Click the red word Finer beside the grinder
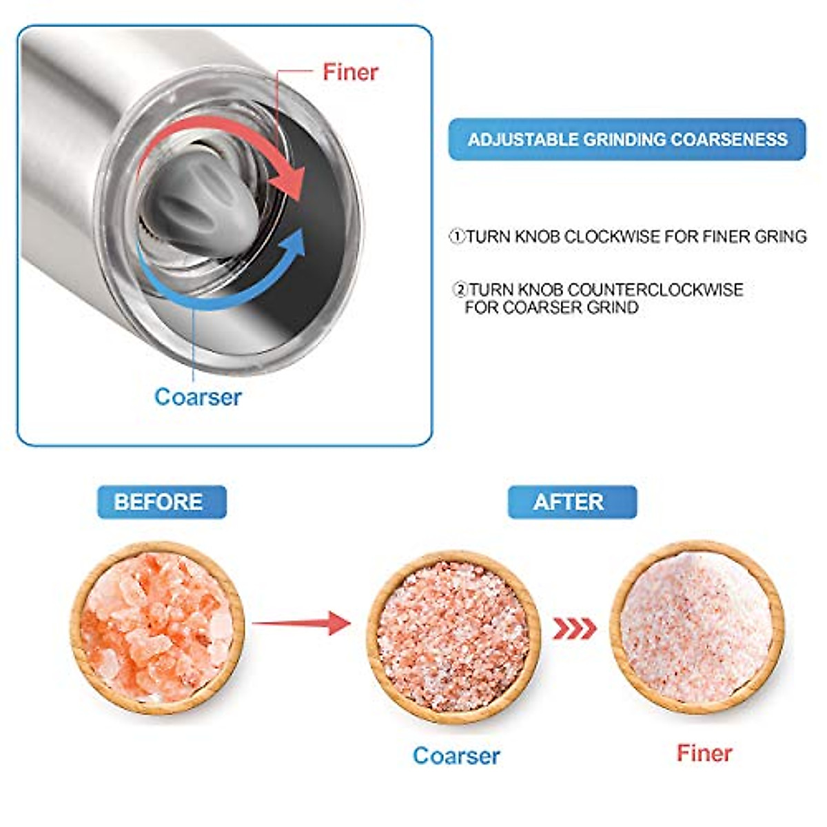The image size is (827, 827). pyautogui.click(x=350, y=72)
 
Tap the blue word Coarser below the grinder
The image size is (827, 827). pyautogui.click(x=198, y=397)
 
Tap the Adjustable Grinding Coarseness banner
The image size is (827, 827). pyautogui.click(x=627, y=139)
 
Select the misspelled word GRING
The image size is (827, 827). pyautogui.click(x=780, y=237)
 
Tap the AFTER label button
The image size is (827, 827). pyautogui.click(x=572, y=502)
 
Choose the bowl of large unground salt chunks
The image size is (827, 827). pyautogui.click(x=158, y=627)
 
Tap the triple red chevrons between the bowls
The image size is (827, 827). pyautogui.click(x=574, y=629)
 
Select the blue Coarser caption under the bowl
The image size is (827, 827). pyautogui.click(x=456, y=755)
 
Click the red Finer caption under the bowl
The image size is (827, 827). pyautogui.click(x=704, y=753)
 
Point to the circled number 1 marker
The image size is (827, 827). pyautogui.click(x=457, y=237)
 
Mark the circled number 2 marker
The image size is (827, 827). pyautogui.click(x=460, y=289)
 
